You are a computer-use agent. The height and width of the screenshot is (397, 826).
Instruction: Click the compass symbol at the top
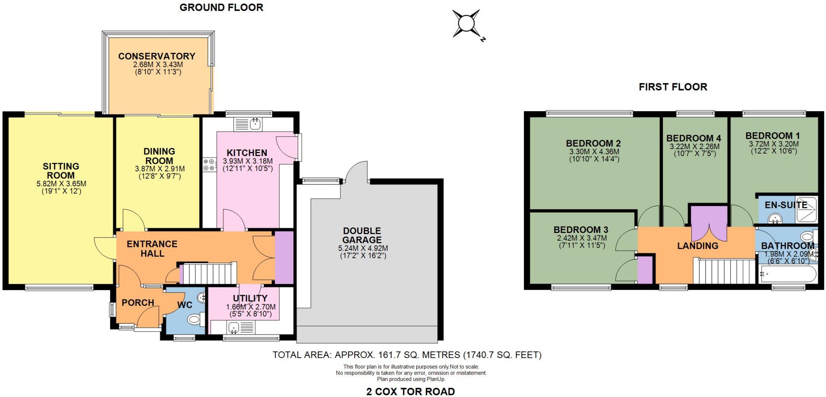(467, 24)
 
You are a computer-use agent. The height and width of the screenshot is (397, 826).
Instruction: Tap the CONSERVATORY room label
(156, 56)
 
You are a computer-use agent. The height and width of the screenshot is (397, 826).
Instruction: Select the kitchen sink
(255, 123)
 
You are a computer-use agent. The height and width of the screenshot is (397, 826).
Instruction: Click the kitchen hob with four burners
(209, 164)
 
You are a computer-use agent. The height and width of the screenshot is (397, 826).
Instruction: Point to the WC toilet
(195, 320)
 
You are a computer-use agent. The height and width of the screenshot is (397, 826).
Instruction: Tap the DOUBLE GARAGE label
(362, 235)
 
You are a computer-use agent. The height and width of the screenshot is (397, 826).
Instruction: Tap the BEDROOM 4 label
(694, 138)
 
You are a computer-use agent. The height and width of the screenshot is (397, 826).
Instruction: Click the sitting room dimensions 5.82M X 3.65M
(61, 184)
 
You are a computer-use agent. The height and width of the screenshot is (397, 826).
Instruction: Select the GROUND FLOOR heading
(221, 7)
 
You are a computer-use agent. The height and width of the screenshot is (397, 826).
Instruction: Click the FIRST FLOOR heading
(673, 87)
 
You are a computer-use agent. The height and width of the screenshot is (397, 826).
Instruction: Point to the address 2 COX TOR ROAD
(411, 391)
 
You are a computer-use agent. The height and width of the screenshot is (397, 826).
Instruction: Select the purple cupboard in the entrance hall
(284, 258)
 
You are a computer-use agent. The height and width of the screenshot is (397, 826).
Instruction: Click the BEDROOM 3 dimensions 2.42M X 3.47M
(582, 238)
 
